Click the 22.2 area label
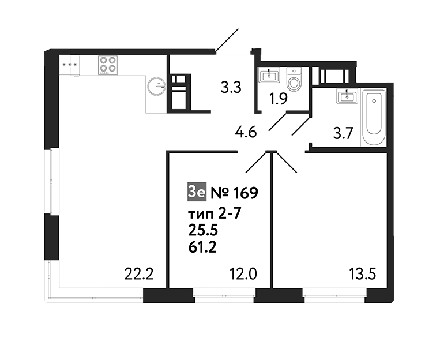click(x=139, y=274)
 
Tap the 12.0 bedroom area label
click(x=243, y=274)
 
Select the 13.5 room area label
click(x=362, y=274)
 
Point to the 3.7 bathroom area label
click(x=343, y=133)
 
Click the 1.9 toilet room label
click(x=278, y=99)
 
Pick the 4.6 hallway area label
click(x=246, y=132)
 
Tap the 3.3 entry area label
click(x=231, y=88)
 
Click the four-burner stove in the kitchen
click(x=108, y=65)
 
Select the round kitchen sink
click(x=157, y=85)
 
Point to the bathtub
click(x=374, y=117)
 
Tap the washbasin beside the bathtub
click(x=347, y=96)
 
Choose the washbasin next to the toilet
click(x=269, y=76)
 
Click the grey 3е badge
click(x=197, y=192)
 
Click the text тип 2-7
click(x=215, y=215)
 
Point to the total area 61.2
click(x=202, y=247)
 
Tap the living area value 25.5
click(x=202, y=231)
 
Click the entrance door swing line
click(x=227, y=40)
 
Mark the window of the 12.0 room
click(x=224, y=296)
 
